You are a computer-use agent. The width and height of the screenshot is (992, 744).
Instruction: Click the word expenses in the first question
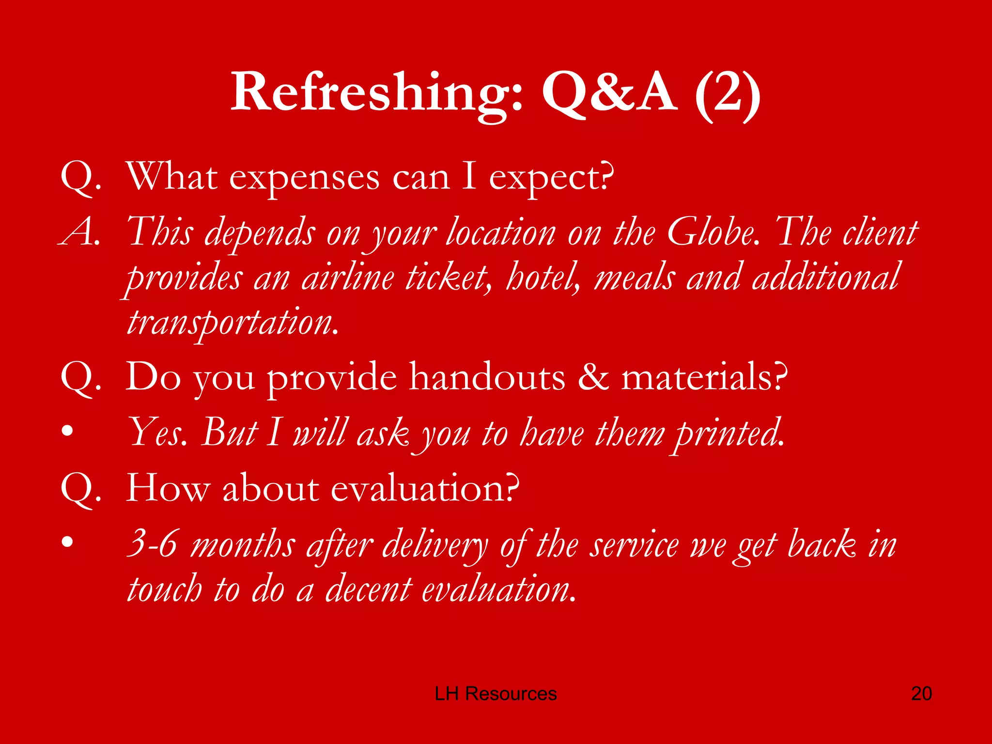tap(304, 178)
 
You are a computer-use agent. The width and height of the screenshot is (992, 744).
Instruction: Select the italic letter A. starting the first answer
tap(80, 232)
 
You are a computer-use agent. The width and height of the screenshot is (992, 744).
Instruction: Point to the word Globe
tap(712, 232)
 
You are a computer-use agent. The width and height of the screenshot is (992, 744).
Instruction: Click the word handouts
tap(487, 377)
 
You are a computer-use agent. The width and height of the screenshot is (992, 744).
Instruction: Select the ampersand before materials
tap(593, 377)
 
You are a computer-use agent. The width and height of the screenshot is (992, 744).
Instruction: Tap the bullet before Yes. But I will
tap(68, 431)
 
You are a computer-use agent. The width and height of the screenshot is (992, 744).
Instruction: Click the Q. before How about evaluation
tap(80, 489)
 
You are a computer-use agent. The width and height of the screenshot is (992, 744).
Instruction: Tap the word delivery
tap(435, 545)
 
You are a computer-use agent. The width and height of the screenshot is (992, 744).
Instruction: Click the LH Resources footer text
tap(496, 694)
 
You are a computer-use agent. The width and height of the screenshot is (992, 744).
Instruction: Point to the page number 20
tap(921, 694)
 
